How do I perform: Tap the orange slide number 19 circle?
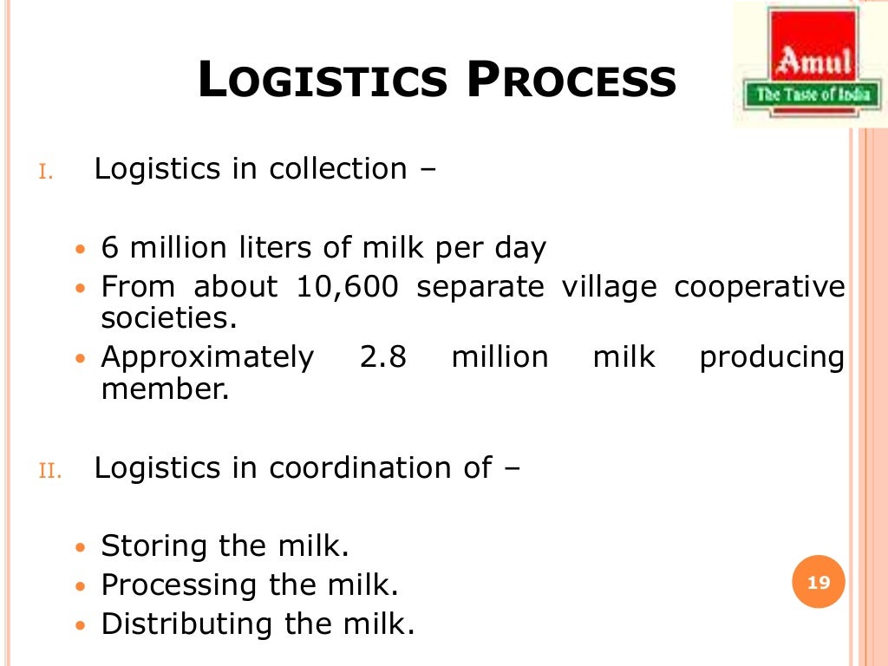click(819, 583)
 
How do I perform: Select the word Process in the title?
click(571, 82)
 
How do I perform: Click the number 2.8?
click(382, 357)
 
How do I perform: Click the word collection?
click(337, 169)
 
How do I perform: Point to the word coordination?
click(358, 468)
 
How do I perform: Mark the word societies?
click(168, 317)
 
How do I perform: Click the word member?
click(164, 389)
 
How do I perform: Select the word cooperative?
click(759, 288)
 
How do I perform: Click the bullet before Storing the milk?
click(81, 549)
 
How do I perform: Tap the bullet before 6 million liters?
click(81, 250)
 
